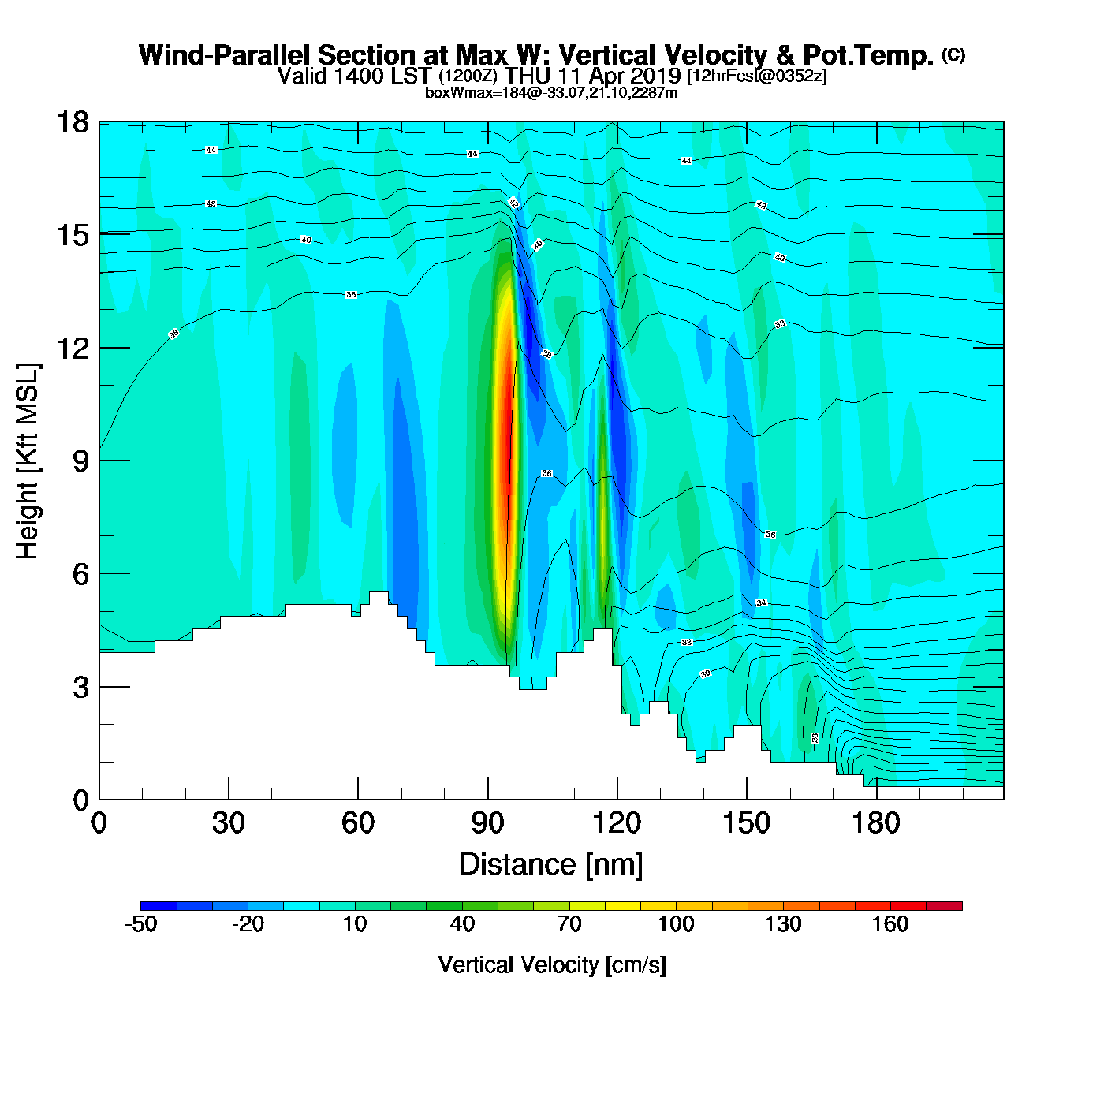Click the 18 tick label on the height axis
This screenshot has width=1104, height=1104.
tap(72, 122)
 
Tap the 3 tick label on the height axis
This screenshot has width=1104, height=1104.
tap(81, 687)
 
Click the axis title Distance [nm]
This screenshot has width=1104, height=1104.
tap(551, 865)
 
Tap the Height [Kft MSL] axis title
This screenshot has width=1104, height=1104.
tap(28, 461)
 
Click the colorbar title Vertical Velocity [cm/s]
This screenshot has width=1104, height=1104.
tap(552, 964)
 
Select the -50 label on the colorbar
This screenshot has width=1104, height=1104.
tap(140, 924)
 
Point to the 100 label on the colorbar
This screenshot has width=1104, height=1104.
tap(676, 924)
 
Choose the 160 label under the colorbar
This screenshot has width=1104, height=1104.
tap(890, 924)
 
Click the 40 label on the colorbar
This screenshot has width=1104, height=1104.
tap(462, 924)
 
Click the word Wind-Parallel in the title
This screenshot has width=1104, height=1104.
tap(226, 55)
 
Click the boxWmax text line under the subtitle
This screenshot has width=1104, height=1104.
tap(551, 93)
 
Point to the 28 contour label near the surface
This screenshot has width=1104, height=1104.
tap(815, 737)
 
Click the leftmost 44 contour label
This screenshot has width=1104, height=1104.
tap(211, 150)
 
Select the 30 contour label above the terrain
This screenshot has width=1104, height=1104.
tap(705, 673)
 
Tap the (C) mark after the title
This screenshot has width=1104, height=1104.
tap(953, 54)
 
